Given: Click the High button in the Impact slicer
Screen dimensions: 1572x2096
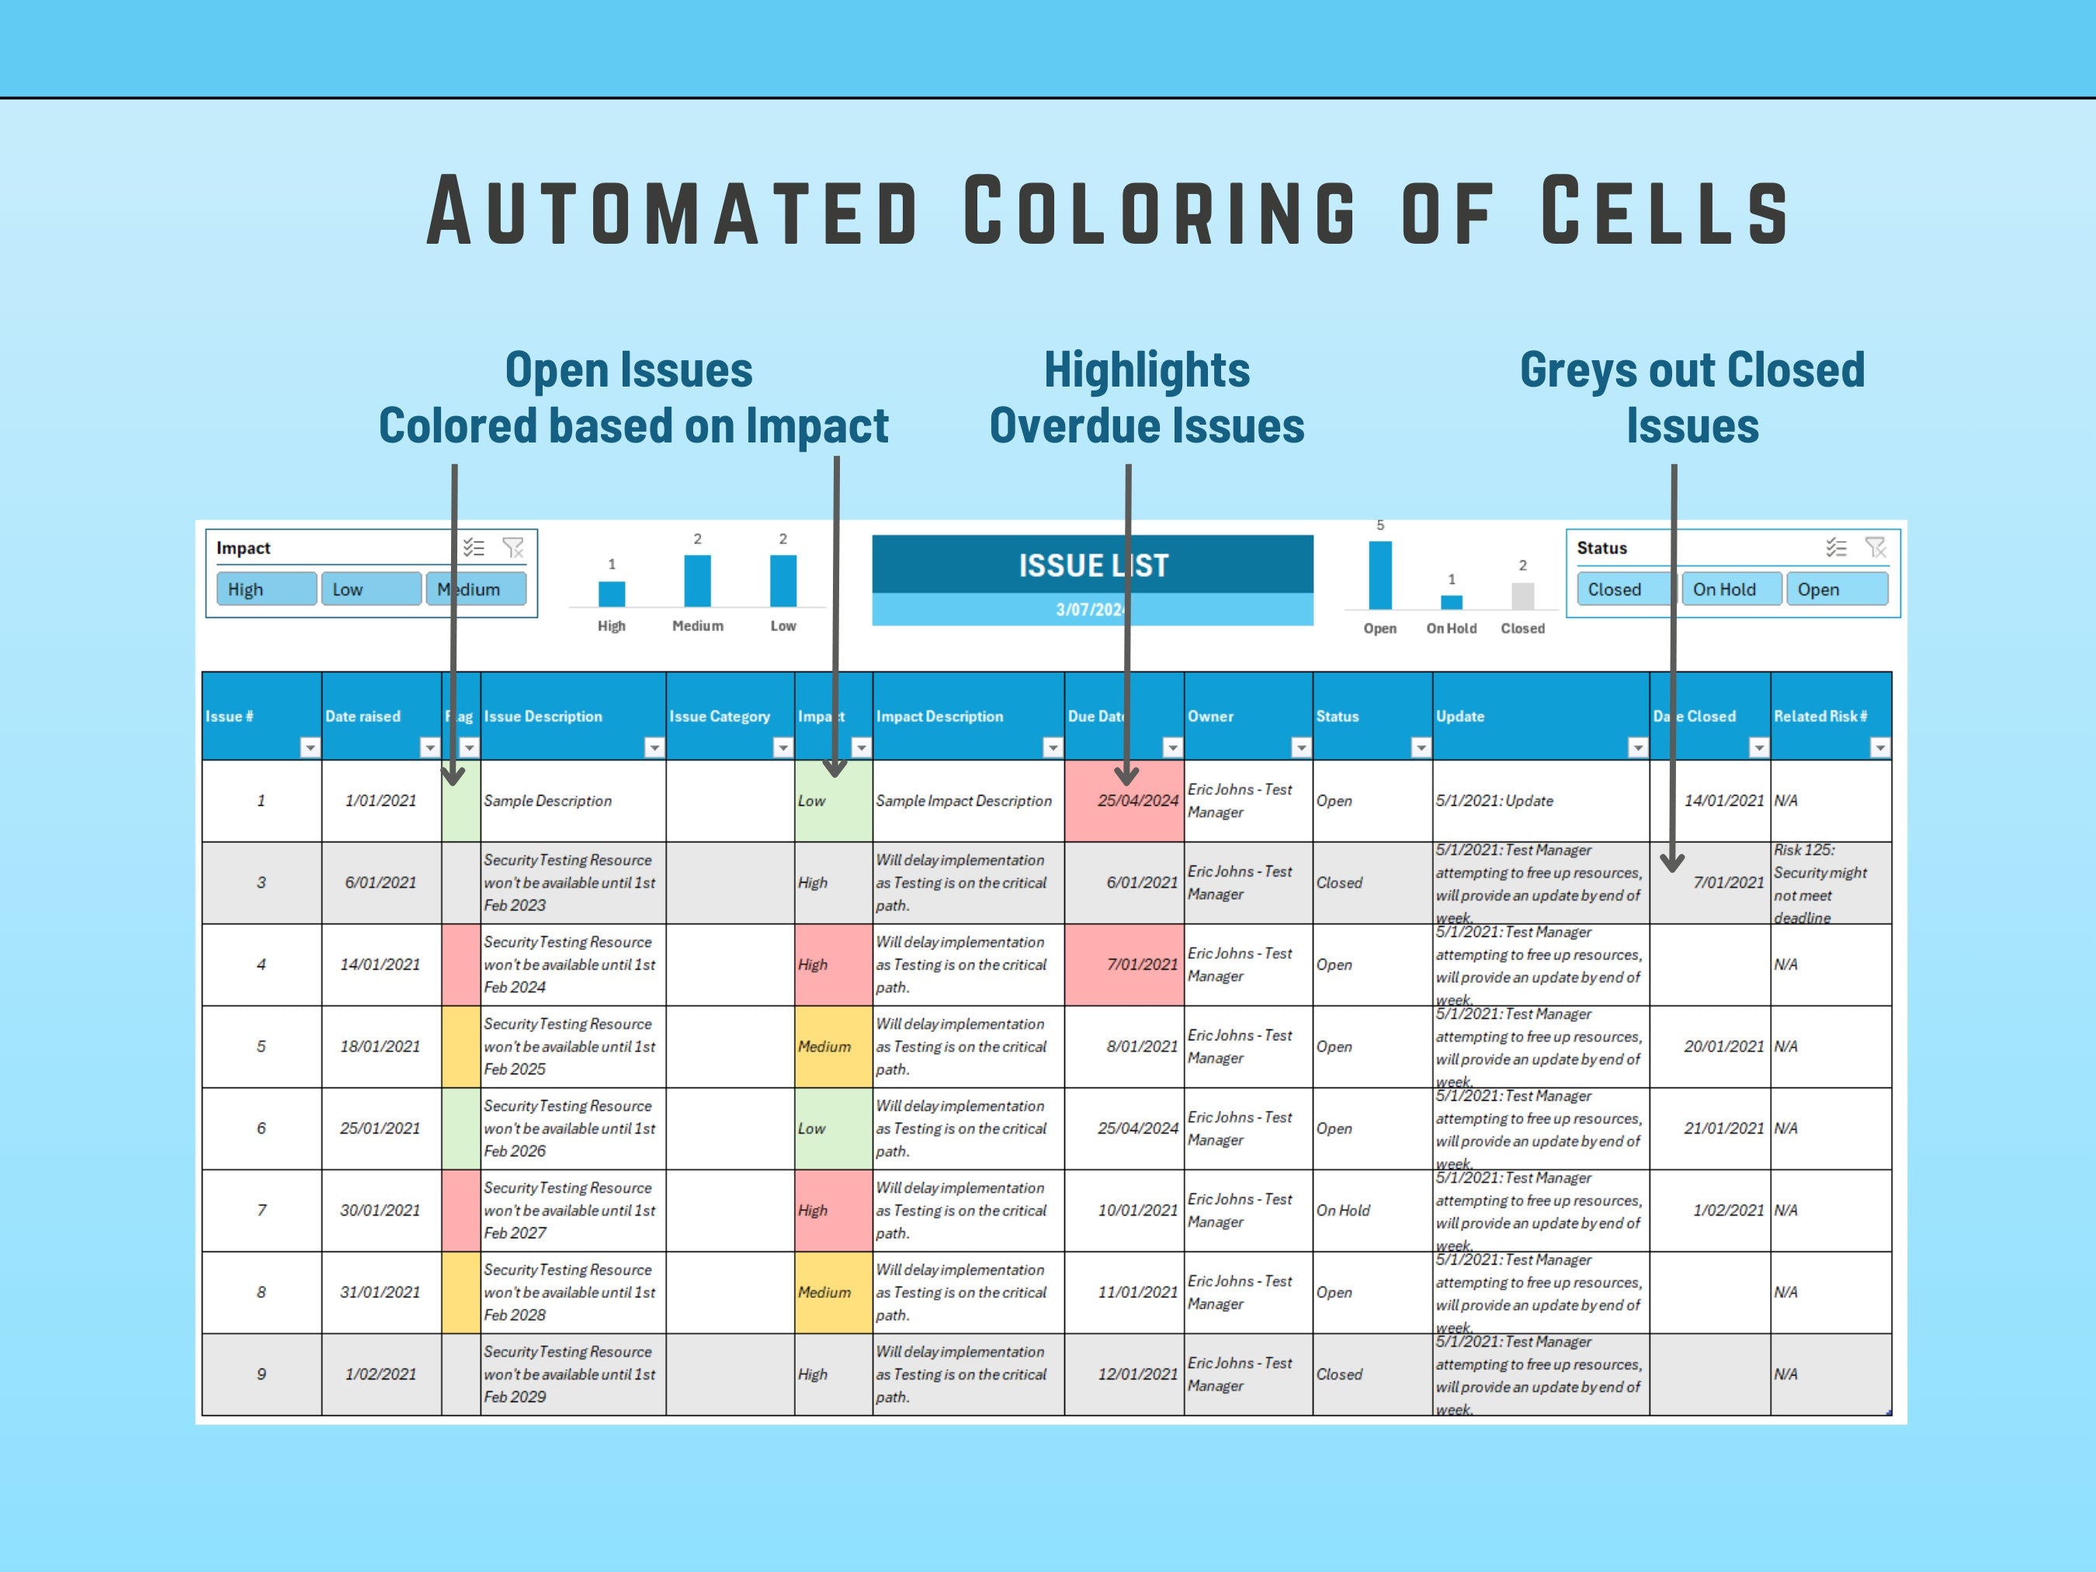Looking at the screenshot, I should pos(265,589).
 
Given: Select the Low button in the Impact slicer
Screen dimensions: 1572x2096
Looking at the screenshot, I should pos(370,589).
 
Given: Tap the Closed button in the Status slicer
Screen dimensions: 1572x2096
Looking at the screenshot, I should pos(1622,589).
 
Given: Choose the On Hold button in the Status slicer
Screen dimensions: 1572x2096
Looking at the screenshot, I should pos(1730,589).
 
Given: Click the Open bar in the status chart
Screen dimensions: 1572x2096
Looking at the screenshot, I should pos(1379,575).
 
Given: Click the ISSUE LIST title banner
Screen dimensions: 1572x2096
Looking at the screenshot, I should pos(1091,566).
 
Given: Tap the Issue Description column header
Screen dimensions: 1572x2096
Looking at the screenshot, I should pos(543,717).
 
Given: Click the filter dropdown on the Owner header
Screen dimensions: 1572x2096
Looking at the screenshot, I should pos(1300,748).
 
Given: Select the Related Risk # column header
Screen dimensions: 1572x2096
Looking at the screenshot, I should pos(1820,717).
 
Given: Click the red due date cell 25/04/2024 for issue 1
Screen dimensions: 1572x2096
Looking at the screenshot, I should pos(1124,800).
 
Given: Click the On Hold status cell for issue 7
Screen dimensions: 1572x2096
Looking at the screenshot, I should pos(1343,1210).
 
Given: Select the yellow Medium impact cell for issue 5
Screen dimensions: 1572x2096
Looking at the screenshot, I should pos(832,1046).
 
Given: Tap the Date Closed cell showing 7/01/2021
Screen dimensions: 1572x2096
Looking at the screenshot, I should pos(1727,882).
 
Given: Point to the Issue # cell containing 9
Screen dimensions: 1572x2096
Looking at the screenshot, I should pos(262,1374).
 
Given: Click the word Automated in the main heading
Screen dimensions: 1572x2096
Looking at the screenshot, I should pos(671,210).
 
